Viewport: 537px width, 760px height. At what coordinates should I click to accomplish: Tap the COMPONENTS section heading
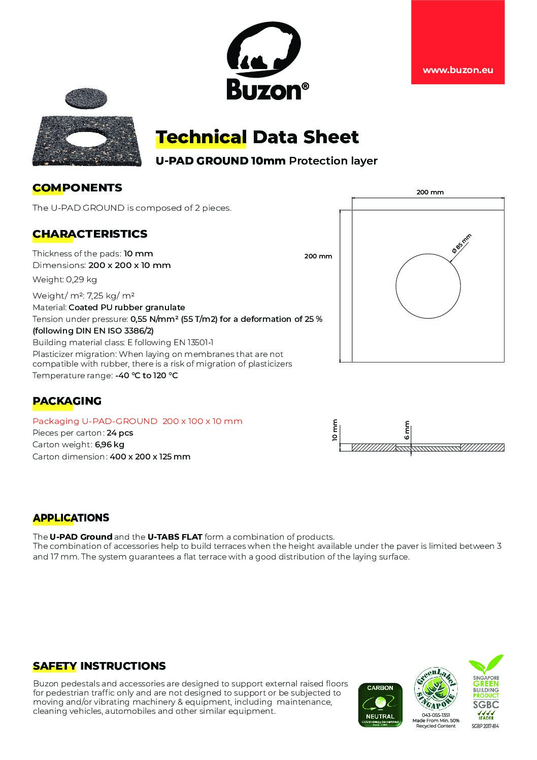[77, 188]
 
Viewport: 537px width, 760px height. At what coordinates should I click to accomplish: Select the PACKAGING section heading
[67, 401]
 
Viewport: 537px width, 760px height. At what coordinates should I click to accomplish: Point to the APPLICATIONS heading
[71, 518]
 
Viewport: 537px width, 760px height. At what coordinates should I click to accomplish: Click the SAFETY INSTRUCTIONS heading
[99, 666]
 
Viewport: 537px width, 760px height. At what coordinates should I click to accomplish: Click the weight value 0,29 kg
[85, 279]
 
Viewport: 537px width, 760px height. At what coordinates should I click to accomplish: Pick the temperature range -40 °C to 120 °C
[146, 376]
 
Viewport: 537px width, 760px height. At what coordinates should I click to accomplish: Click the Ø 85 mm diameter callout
[461, 243]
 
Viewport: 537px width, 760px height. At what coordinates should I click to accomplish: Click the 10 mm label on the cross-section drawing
[335, 431]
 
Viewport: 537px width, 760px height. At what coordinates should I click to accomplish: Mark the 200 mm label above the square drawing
[430, 192]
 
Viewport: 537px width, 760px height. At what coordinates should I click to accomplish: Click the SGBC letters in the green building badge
[486, 704]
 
